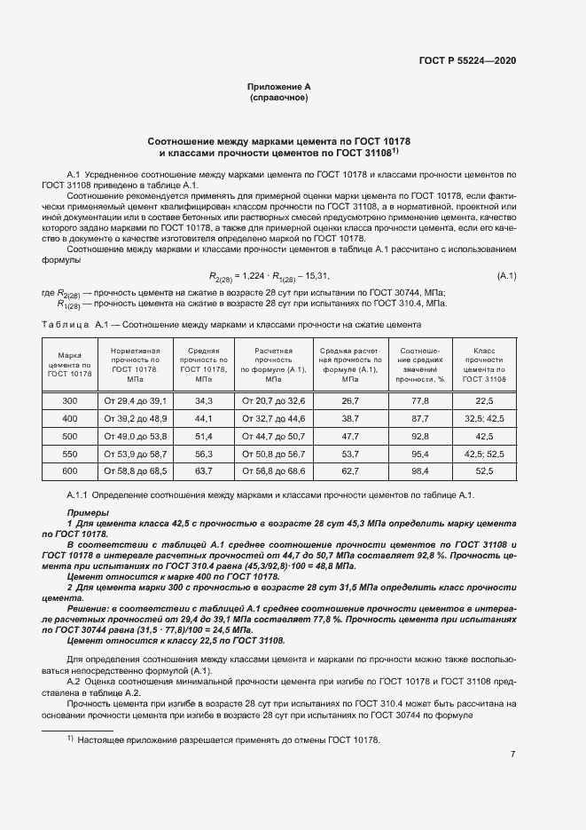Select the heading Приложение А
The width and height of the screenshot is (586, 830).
pos(279,86)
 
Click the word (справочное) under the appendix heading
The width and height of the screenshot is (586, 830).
pos(279,98)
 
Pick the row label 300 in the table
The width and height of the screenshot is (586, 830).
pos(69,402)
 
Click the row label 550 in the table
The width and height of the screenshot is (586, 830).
pos(69,452)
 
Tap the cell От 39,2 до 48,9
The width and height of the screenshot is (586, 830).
pos(136,418)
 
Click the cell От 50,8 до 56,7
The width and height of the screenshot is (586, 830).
pos(273,452)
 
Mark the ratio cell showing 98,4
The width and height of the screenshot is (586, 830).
pos(420,469)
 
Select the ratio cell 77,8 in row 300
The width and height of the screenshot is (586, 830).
pos(420,402)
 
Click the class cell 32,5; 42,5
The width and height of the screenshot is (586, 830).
pos(484,418)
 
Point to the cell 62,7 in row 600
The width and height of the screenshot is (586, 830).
pos(350,469)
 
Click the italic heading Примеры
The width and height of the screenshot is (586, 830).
pos(89,514)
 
